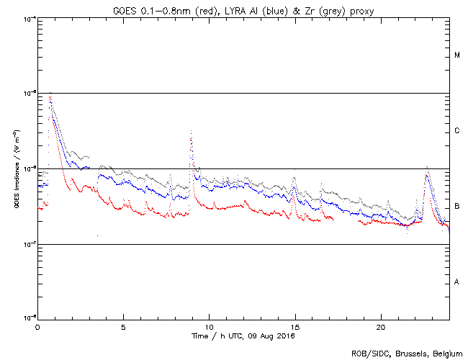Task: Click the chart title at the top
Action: [243, 8]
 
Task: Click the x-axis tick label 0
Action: [37, 327]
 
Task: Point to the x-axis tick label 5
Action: [123, 327]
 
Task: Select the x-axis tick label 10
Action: [209, 327]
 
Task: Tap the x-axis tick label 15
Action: [294, 327]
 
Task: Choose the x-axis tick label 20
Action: [380, 327]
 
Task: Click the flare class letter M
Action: [457, 55]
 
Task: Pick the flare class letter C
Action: [457, 131]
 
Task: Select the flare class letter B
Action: [457, 207]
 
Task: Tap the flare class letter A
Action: [457, 282]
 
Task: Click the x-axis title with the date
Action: [243, 336]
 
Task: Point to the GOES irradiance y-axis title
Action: [16, 168]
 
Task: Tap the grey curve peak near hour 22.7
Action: [427, 166]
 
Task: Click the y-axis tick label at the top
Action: [30, 19]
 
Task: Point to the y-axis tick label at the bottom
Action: [30, 318]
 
